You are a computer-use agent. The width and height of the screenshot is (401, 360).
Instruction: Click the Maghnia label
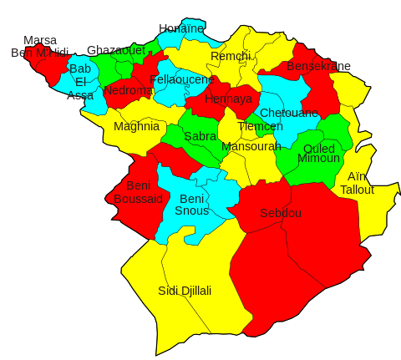tap(136, 127)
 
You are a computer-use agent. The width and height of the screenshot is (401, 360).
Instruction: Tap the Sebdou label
tap(281, 213)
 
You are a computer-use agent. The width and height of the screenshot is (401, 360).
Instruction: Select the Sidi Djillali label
tap(185, 291)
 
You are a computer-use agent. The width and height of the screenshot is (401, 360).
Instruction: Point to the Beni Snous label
tap(192, 204)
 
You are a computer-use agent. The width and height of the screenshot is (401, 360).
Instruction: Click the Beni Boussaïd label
tap(138, 192)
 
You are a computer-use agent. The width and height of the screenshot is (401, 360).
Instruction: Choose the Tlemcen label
tap(260, 126)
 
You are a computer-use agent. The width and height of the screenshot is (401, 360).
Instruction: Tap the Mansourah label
tap(251, 146)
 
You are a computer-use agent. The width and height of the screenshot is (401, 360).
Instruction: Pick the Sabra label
tap(200, 135)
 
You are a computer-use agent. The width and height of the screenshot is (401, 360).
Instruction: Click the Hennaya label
tap(228, 99)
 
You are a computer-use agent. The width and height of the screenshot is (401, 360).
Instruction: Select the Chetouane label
tap(289, 112)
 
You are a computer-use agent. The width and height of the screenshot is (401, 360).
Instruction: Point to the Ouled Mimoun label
tap(318, 154)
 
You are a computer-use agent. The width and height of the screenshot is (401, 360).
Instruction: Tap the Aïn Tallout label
tap(357, 183)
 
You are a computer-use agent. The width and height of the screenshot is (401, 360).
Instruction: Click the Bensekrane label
tap(318, 66)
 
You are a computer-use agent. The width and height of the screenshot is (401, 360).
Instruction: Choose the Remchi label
tap(231, 56)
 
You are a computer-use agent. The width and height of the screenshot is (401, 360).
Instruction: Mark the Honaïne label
tap(181, 28)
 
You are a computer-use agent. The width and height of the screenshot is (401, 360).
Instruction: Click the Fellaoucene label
tap(182, 79)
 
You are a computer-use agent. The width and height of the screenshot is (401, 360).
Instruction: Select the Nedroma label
tap(129, 90)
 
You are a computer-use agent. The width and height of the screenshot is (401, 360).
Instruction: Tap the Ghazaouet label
tap(116, 50)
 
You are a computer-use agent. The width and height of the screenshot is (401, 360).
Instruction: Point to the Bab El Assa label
tap(80, 82)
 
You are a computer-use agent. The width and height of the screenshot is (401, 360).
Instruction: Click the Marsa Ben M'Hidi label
tap(40, 46)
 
